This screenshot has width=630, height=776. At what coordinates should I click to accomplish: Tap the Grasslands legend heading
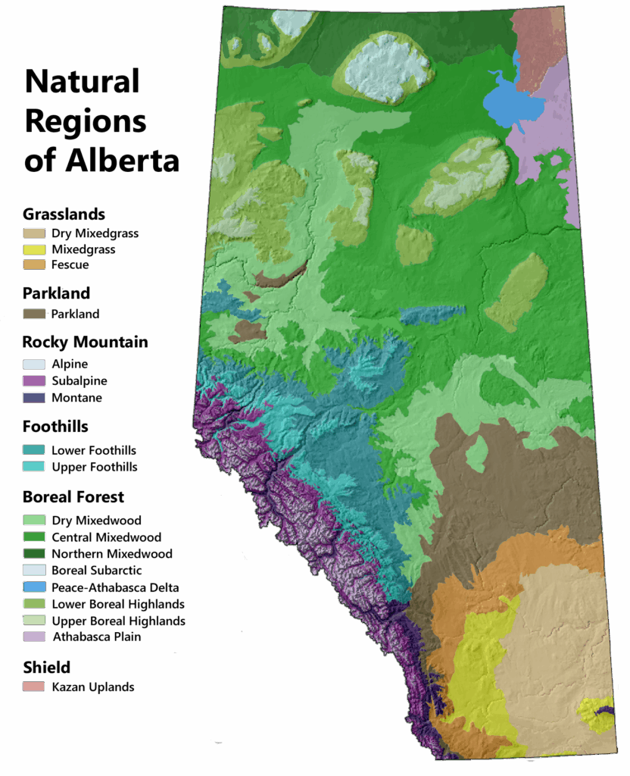(64, 214)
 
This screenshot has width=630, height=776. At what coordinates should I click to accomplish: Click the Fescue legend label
(70, 265)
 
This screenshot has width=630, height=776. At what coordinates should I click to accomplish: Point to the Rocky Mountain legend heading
(85, 342)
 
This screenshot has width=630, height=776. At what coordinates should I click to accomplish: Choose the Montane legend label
(76, 398)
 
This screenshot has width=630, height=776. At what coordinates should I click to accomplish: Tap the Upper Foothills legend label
(95, 467)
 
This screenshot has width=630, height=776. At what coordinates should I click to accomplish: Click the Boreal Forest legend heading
(73, 497)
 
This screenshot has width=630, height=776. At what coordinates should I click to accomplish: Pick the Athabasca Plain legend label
(96, 637)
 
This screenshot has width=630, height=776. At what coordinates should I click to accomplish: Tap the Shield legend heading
(47, 668)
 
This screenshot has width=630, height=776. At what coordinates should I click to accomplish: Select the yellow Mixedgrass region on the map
(477, 667)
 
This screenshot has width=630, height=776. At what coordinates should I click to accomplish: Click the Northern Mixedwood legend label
(112, 554)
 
